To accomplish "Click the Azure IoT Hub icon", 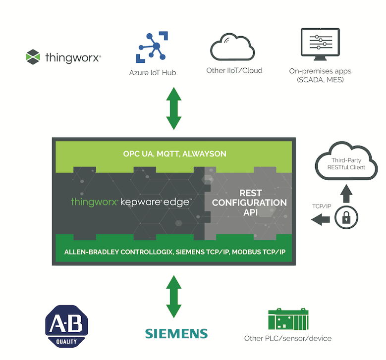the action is (152, 47).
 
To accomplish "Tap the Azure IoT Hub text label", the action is (153, 73).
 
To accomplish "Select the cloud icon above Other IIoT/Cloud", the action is (232, 47).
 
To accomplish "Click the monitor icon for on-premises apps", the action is (320, 44).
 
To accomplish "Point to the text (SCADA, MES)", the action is (320, 80).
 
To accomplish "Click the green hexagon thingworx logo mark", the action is (33, 57).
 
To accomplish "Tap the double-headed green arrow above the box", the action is (174, 108).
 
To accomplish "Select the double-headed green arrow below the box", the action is (174, 297).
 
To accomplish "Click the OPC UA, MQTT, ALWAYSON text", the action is (174, 154).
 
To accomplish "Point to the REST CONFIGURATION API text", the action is (249, 203).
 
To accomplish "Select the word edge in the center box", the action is (176, 202).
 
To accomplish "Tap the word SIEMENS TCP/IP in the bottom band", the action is (202, 252).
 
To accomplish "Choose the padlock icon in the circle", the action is (346, 218).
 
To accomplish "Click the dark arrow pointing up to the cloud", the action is (346, 194).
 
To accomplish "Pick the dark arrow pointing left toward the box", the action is (320, 219).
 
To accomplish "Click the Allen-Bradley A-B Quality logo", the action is (66, 326).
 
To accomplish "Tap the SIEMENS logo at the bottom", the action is (176, 334).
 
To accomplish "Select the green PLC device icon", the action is (288, 319).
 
